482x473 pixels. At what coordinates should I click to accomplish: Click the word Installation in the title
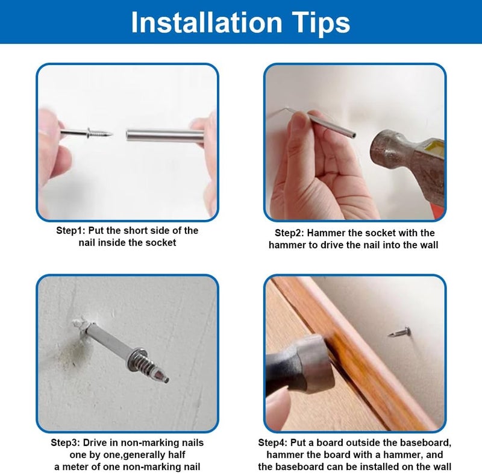pos(207,22)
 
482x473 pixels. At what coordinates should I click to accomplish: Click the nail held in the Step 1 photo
pos(87,133)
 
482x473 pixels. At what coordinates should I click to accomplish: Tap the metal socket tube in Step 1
pos(165,136)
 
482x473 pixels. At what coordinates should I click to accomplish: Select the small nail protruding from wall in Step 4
pos(399,332)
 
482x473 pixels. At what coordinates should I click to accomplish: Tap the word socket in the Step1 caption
pos(160,242)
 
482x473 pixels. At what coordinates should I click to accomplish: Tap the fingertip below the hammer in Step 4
pos(278,406)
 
